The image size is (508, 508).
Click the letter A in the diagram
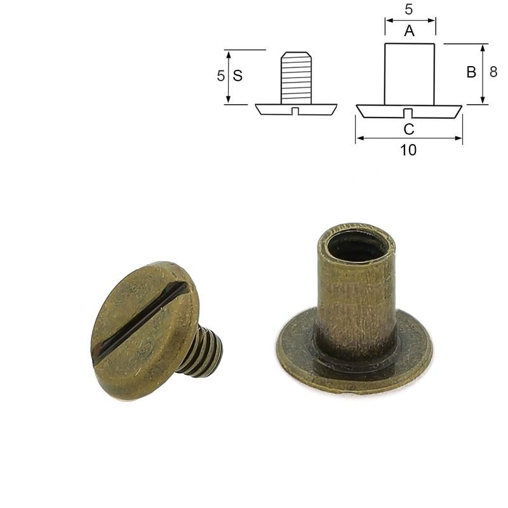coord(409,30)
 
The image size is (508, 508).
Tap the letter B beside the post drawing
coord(471,72)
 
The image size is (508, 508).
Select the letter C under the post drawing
coord(409,130)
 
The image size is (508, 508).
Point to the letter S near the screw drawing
coord(237,76)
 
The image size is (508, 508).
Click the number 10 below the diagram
coord(409,150)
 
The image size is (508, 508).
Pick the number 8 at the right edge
coord(493,72)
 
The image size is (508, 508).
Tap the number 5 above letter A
coord(409,10)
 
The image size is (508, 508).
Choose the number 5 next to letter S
coord(220,76)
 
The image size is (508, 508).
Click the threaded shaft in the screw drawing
coord(296,78)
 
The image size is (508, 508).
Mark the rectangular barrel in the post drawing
coord(409,74)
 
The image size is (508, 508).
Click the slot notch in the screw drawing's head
coord(296,112)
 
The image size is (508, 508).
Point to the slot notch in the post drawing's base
coord(409,114)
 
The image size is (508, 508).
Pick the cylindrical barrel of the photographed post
coord(356,298)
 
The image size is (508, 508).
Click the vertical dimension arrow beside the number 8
coord(483,74)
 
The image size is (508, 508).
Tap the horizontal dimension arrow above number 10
coord(409,138)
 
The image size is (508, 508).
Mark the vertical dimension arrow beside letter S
coord(228,76)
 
